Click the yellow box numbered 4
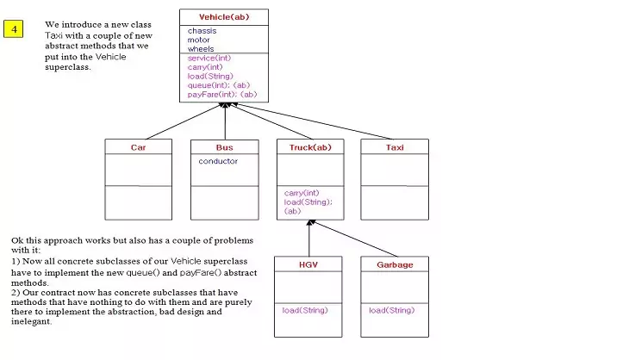coord(15,29)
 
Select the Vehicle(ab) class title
coord(224,17)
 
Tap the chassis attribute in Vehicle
coord(202,31)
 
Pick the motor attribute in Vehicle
coord(199,40)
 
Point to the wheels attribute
coord(201,49)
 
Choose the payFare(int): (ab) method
coord(221,95)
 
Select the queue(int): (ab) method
coord(218,85)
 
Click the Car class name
coord(139,147)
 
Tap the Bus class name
coord(224,147)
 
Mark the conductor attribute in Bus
coord(218,161)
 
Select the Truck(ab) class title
coord(309,147)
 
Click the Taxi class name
coord(395,147)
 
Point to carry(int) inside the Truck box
coord(302,193)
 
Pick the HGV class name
coord(308,264)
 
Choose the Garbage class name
coord(395,264)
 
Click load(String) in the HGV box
coord(305,310)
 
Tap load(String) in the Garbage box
coord(392,310)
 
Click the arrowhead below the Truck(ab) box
coord(310,223)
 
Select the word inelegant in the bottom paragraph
coord(32,322)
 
